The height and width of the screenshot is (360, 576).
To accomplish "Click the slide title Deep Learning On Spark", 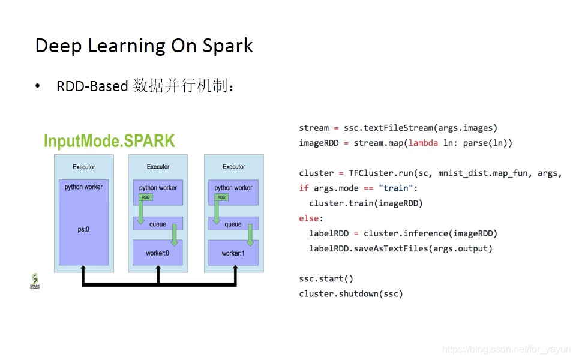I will (x=144, y=46).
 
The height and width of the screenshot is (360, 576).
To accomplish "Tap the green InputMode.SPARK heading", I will (x=109, y=141).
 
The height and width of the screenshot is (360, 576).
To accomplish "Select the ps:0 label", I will (x=83, y=229).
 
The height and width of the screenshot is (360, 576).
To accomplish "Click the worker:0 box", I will (x=158, y=253).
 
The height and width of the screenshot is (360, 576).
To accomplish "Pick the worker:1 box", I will (x=233, y=253).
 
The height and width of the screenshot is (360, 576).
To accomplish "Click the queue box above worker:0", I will (x=158, y=224).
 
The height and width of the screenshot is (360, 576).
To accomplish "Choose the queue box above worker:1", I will (x=233, y=224).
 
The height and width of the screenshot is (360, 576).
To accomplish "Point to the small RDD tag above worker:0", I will (x=145, y=197).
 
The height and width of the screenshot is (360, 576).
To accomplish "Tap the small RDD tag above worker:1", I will (x=221, y=197).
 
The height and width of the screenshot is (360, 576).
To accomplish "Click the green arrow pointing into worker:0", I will (x=175, y=235).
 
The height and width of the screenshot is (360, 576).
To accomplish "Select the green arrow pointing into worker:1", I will (x=250, y=235).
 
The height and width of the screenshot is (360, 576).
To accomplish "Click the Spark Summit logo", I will (x=35, y=281).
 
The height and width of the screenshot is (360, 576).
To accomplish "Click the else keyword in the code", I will (x=311, y=218).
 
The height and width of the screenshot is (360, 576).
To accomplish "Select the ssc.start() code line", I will (x=326, y=278).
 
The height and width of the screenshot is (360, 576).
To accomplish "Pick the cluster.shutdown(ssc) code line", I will (x=351, y=293).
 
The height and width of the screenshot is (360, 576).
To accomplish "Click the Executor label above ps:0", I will (x=83, y=167).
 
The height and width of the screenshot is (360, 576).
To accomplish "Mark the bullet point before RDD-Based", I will (x=38, y=86).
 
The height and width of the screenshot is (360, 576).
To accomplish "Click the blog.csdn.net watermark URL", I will (x=506, y=349).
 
